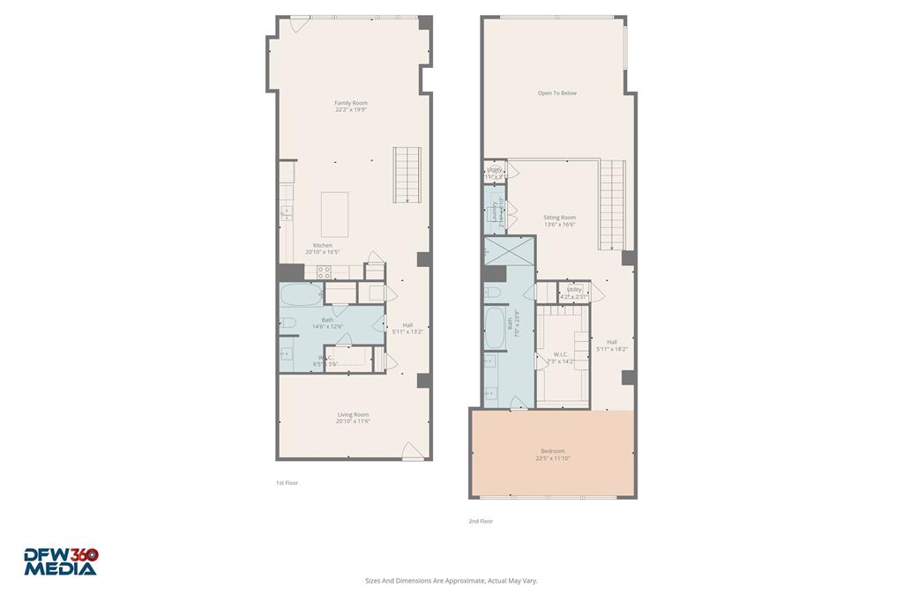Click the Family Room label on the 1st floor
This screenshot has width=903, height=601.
tap(350, 103)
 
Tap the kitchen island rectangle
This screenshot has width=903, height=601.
tap(334, 214)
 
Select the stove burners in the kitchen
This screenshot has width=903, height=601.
tap(324, 273)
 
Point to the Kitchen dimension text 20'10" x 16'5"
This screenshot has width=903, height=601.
tap(323, 252)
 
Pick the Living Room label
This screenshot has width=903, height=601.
tap(353, 414)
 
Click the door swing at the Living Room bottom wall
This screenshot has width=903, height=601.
tap(412, 451)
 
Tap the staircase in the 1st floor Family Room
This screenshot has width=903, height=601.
tap(407, 174)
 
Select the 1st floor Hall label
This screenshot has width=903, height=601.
tap(407, 324)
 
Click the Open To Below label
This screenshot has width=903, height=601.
tap(557, 93)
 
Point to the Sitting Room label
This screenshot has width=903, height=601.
tap(559, 218)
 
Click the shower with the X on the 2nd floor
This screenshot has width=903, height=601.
tap(509, 251)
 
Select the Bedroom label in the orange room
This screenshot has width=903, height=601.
tap(552, 451)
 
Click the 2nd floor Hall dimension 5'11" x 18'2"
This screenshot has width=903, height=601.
tap(611, 349)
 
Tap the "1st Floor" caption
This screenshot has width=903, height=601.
tap(287, 483)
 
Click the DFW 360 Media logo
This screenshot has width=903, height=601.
tap(61, 561)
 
